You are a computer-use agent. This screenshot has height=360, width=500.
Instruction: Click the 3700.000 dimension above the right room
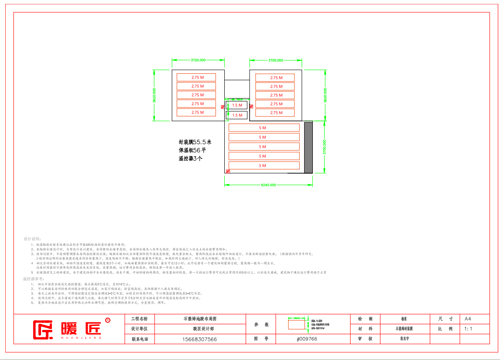[275, 60]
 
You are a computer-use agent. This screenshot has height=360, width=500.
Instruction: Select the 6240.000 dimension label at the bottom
[268, 185]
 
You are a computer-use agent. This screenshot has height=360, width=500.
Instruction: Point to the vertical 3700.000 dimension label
[324, 147]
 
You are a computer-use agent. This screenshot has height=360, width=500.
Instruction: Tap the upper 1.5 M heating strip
[237, 105]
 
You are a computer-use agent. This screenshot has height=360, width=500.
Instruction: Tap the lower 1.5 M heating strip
[237, 115]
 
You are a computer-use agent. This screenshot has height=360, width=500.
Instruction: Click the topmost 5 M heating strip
[264, 128]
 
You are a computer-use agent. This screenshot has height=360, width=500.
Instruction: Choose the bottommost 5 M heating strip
[264, 166]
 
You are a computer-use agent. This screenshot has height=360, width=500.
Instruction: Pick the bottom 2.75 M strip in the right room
[275, 113]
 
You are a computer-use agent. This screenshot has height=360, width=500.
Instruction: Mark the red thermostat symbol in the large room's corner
[227, 171]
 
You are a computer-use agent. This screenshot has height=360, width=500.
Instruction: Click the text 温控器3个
[190, 158]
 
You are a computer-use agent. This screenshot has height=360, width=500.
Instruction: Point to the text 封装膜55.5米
[195, 142]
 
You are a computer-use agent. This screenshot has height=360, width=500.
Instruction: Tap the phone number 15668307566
[199, 339]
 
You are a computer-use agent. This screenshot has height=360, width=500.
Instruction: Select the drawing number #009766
[307, 339]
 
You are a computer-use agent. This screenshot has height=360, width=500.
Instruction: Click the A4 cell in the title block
[468, 319]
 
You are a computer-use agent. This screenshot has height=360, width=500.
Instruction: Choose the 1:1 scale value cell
[469, 329]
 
